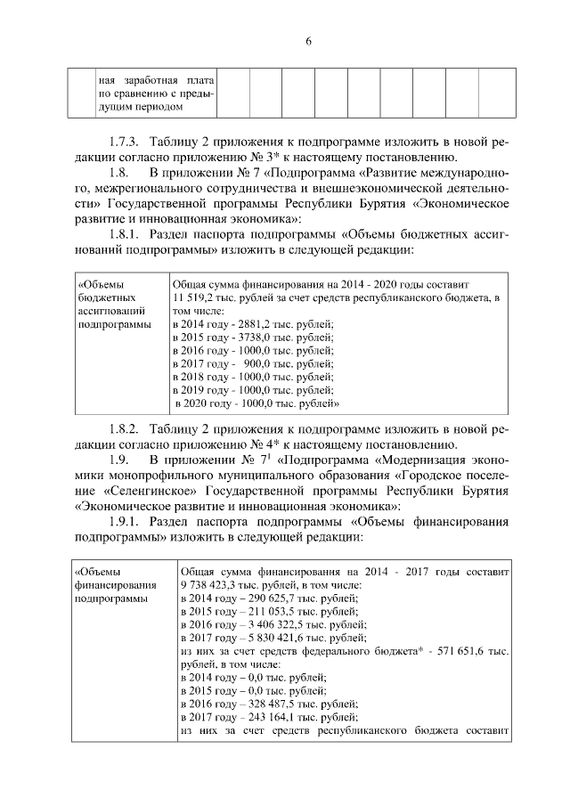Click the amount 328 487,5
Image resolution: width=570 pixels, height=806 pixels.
(271, 699)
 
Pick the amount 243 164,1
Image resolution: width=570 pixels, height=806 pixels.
(271, 713)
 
